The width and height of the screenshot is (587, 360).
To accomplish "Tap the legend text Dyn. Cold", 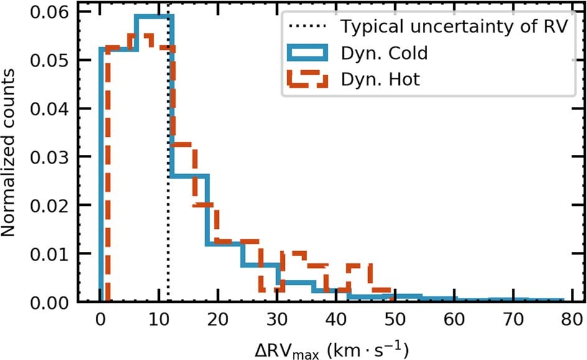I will pyautogui.click(x=383, y=53).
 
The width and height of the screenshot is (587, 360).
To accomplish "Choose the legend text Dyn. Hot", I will pyautogui.click(x=379, y=80).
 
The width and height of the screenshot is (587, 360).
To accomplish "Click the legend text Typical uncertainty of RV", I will pyautogui.click(x=453, y=27).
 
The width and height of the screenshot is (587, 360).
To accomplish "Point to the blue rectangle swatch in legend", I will pyautogui.click(x=307, y=53).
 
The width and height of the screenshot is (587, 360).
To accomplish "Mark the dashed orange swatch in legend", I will pyautogui.click(x=307, y=80).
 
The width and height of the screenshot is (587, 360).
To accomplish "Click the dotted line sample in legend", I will pyautogui.click(x=307, y=27).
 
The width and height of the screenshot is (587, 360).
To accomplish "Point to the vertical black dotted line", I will pyautogui.click(x=169, y=187).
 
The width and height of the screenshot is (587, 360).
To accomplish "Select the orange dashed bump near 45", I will pyautogui.click(x=359, y=266).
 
